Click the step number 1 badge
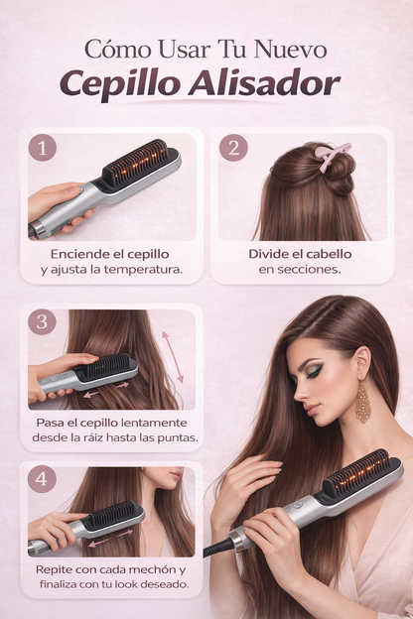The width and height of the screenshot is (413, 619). click(42, 148)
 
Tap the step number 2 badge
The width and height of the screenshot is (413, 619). click(233, 148)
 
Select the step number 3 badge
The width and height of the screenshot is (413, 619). click(42, 322)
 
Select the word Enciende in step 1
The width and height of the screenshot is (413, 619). click(79, 254)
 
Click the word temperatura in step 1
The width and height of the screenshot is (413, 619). click(149, 270)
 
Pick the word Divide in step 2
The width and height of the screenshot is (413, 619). click(270, 254)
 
